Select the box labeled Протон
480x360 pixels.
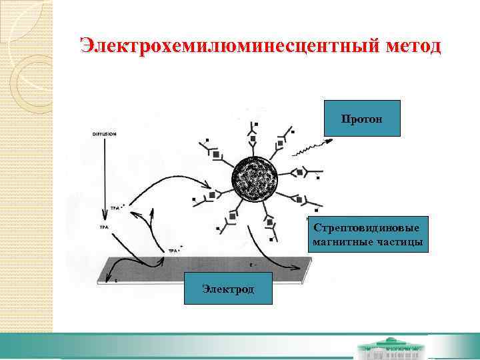[x=361, y=119]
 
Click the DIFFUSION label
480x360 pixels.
[x=105, y=134]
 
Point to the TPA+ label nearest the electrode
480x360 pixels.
[x=174, y=250]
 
